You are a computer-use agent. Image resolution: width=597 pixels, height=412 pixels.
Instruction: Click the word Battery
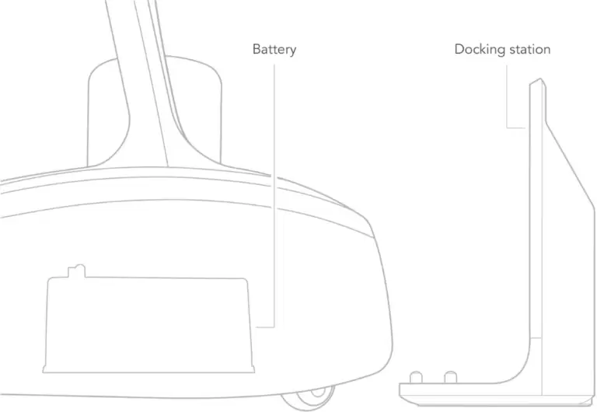tap(274, 50)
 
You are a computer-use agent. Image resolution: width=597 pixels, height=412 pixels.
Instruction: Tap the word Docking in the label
tap(478, 50)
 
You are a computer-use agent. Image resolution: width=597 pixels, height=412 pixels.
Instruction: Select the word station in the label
tap(528, 49)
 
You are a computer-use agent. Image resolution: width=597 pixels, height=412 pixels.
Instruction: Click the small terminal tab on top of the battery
tap(76, 271)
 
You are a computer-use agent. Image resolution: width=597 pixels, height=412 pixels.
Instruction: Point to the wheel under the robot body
tap(308, 398)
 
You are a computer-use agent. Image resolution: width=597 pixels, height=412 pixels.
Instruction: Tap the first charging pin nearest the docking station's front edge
tap(416, 377)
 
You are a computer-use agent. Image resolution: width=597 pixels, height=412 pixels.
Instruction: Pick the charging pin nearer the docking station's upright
tap(450, 377)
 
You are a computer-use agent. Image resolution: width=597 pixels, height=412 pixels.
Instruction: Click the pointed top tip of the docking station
tap(540, 79)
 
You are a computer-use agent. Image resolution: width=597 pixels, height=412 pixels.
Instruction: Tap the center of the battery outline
tap(148, 323)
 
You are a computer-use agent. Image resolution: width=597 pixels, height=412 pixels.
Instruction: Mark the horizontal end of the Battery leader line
tap(257, 326)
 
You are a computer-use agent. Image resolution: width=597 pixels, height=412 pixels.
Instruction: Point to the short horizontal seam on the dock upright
tap(536, 337)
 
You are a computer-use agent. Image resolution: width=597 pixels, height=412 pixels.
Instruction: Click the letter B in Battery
tap(257, 49)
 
